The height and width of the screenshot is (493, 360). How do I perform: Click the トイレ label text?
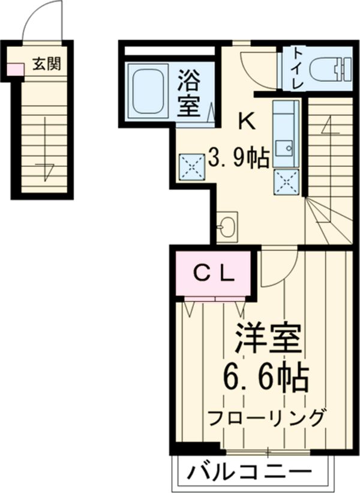pyautogui.click(x=297, y=68)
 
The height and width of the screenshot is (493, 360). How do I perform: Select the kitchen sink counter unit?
pyautogui.click(x=286, y=133)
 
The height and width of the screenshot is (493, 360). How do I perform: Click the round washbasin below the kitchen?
pyautogui.click(x=227, y=227)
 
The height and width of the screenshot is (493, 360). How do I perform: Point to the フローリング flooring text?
pyautogui.click(x=268, y=417)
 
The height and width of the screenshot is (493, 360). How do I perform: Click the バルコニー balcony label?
pyautogui.click(x=250, y=471)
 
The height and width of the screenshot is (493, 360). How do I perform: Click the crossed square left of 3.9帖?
pyautogui.click(x=191, y=166)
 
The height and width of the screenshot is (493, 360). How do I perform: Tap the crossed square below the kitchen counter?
pyautogui.click(x=286, y=181)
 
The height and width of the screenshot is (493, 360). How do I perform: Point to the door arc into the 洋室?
pyautogui.click(x=280, y=267)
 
